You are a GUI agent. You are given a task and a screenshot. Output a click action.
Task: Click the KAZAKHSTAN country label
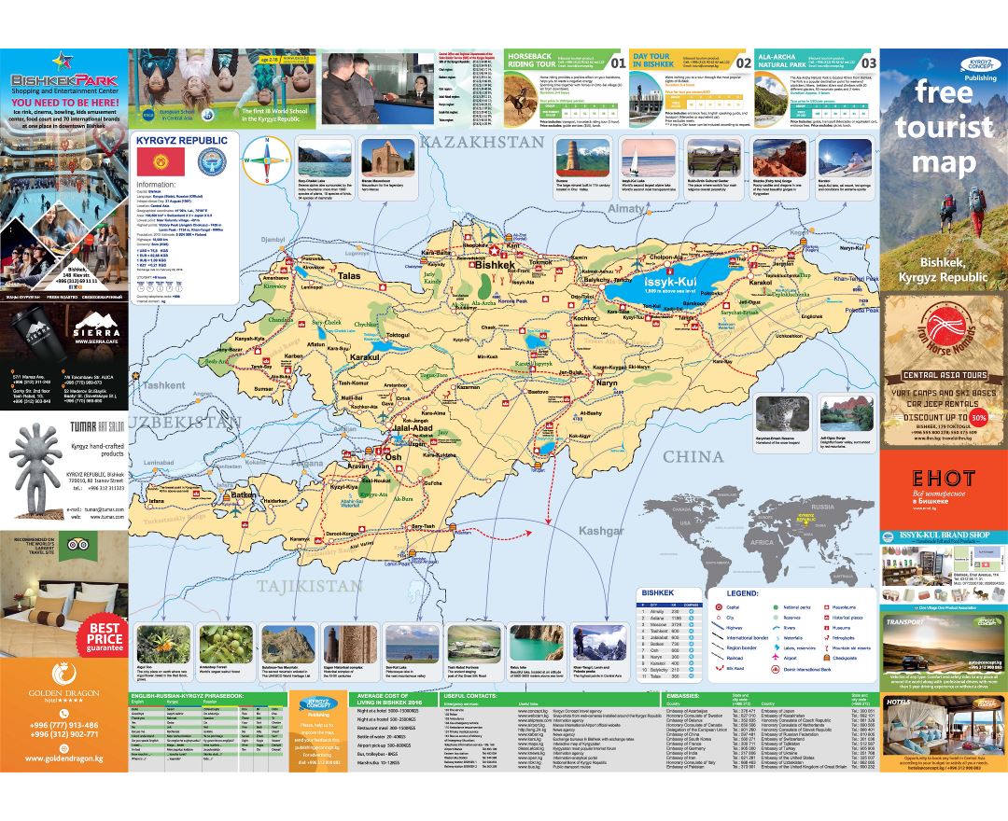pos(481,142)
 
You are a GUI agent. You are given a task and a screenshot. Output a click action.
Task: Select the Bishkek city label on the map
pos(495,265)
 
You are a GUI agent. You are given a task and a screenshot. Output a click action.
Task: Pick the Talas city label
pos(349,276)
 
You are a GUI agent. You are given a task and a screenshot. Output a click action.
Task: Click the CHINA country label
pos(693,456)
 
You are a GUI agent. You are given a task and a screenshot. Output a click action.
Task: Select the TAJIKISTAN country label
pos(309,586)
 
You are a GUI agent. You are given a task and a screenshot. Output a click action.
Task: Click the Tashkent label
pos(165,384)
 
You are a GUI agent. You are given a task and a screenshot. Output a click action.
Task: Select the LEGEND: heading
pos(736,592)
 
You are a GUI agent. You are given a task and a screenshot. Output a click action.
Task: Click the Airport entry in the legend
pos(784,657)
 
